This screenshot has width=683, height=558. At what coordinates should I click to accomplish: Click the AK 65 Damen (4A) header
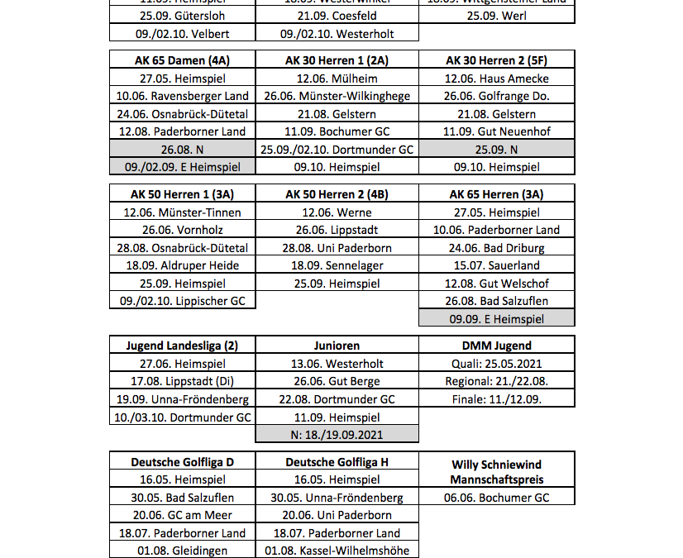pyautogui.click(x=182, y=60)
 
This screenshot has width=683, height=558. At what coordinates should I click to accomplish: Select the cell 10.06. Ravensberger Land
pyautogui.click(x=182, y=96)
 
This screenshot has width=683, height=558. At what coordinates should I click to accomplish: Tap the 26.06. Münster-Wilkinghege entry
pyautogui.click(x=337, y=96)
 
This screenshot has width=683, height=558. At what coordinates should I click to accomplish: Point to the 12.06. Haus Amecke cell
pyautogui.click(x=497, y=79)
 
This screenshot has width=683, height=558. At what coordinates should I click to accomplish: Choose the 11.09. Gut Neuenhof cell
pyautogui.click(x=497, y=131)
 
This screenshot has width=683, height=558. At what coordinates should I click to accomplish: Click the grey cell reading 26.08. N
pyautogui.click(x=182, y=150)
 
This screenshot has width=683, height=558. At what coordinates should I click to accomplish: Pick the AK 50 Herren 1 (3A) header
pyautogui.click(x=182, y=194)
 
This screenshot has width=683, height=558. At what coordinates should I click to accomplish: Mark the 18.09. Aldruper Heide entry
pyautogui.click(x=182, y=265)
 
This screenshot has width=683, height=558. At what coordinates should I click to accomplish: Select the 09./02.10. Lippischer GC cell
pyautogui.click(x=182, y=301)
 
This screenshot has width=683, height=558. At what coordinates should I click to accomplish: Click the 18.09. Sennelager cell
pyautogui.click(x=337, y=265)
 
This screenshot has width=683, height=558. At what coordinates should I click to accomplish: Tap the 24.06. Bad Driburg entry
pyautogui.click(x=497, y=248)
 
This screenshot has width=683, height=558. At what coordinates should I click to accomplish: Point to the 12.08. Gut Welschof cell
pyautogui.click(x=497, y=284)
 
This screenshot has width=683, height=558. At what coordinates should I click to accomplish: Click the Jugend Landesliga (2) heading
pyautogui.click(x=182, y=346)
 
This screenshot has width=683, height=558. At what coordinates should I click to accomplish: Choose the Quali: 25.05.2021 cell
pyautogui.click(x=497, y=364)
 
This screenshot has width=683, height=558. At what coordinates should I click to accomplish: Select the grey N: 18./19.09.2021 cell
pyautogui.click(x=337, y=435)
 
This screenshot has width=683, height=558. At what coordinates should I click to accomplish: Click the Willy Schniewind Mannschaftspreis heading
pyautogui.click(x=497, y=472)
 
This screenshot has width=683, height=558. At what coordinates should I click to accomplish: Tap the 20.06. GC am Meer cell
pyautogui.click(x=182, y=516)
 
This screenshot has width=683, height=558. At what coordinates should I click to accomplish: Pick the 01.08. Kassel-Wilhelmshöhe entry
pyautogui.click(x=337, y=551)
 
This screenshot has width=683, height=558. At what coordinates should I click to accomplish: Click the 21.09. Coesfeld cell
pyautogui.click(x=337, y=16)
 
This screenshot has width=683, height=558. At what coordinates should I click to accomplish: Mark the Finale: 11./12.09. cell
pyautogui.click(x=497, y=399)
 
